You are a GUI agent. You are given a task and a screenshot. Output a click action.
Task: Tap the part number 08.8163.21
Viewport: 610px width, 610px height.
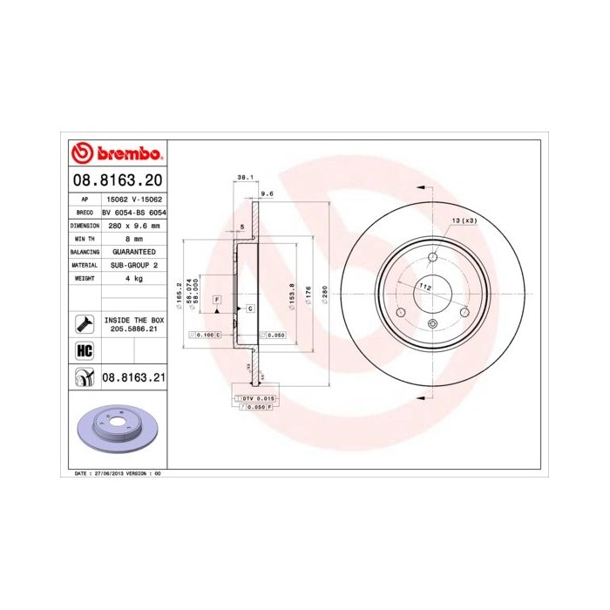tap(133, 377)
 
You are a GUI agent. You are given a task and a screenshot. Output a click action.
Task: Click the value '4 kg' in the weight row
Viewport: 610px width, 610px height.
tap(133, 278)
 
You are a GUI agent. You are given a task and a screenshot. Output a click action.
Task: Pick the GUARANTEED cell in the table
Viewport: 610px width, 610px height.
tap(133, 251)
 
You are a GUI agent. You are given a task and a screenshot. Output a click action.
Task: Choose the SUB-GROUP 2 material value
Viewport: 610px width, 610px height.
tap(133, 264)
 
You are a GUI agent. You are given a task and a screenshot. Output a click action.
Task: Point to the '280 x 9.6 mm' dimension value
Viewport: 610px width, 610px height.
tap(133, 226)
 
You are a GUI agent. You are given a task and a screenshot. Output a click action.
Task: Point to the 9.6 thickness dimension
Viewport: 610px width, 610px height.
tap(268, 193)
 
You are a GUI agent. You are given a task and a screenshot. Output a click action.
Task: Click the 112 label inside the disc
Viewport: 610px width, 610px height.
tap(425, 286)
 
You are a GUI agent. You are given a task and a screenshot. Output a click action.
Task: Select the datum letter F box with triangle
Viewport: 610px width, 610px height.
tap(216, 300)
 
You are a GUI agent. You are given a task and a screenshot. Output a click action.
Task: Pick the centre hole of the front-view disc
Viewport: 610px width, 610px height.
tap(432, 292)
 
